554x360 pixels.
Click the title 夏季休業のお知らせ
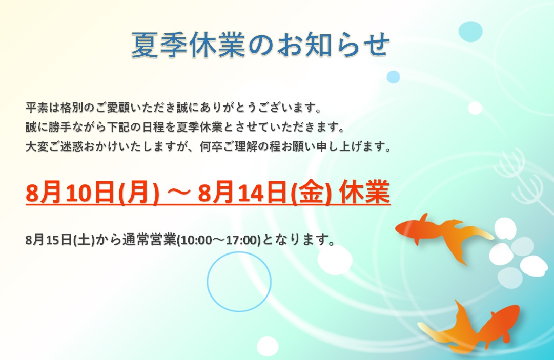tap(261, 45)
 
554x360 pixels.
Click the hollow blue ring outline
tap(207, 282)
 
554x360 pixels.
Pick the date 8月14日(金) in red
tap(264, 193)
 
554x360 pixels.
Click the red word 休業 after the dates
tap(364, 193)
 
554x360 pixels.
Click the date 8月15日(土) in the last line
tap(60, 240)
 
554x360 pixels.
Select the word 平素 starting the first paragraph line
tap(37, 108)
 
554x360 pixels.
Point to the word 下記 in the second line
tap(119, 126)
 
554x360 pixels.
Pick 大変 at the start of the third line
tap(37, 146)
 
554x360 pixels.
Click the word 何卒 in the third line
tap(211, 146)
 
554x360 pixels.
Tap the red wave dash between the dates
tap(178, 193)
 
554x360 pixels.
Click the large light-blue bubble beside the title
tap(470, 31)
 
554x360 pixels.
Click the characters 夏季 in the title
tap(159, 45)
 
